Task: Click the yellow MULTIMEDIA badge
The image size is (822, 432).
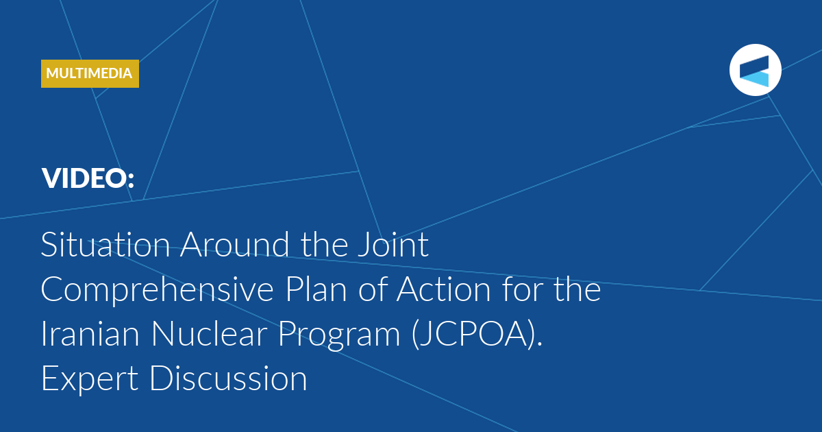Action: pyautogui.click(x=90, y=73)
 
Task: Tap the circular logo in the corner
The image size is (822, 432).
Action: pyautogui.click(x=755, y=70)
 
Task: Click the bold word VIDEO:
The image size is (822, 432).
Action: pyautogui.click(x=88, y=178)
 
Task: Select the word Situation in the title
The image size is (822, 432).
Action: pyautogui.click(x=105, y=244)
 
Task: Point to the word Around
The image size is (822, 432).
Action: pyautogui.click(x=235, y=244)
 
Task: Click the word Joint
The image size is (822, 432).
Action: pyautogui.click(x=393, y=244)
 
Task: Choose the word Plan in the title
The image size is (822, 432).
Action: pyautogui.click(x=316, y=289)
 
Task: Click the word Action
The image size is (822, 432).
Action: pyautogui.click(x=444, y=289)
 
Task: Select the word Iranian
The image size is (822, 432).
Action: pyautogui.click(x=90, y=334)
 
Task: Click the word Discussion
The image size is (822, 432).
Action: pyautogui.click(x=228, y=379)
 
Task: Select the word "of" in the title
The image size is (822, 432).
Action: pyautogui.click(x=373, y=289)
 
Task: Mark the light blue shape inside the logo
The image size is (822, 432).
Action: pyautogui.click(x=756, y=79)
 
